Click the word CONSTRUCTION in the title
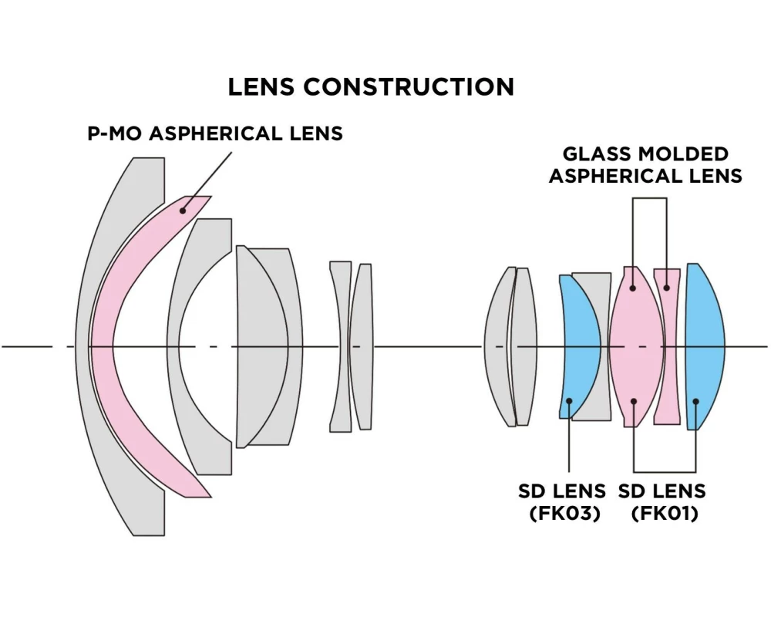pyautogui.click(x=409, y=86)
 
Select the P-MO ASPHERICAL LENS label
pyautogui.click(x=214, y=133)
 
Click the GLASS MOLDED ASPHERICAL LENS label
pyautogui.click(x=645, y=165)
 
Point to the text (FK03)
pyautogui.click(x=565, y=513)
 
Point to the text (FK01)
pyautogui.click(x=664, y=513)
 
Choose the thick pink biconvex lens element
pyautogui.click(x=636, y=347)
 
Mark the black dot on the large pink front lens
pyautogui.click(x=183, y=208)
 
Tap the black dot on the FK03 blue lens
pyautogui.click(x=569, y=401)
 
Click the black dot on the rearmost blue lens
pyautogui.click(x=695, y=401)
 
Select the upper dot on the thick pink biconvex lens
pyautogui.click(x=633, y=288)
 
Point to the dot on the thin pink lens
pyautogui.click(x=667, y=288)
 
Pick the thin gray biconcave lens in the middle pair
pyautogui.click(x=340, y=347)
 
